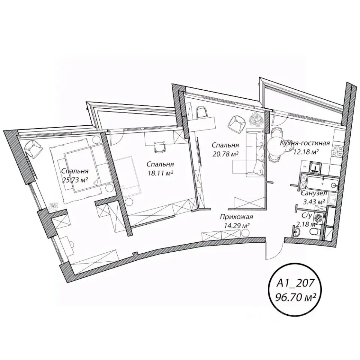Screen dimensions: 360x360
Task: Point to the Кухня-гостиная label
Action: click(304, 143)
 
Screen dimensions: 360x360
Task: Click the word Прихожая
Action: click(237, 217)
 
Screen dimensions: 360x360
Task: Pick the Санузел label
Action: click(314, 193)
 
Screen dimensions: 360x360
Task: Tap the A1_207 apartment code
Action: click(295, 283)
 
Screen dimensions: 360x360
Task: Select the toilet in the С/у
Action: click(315, 232)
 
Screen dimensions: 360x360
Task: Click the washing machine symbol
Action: click(320, 217)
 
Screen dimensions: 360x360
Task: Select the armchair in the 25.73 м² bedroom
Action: click(33, 149)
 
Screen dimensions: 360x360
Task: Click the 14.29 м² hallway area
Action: click(237, 225)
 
